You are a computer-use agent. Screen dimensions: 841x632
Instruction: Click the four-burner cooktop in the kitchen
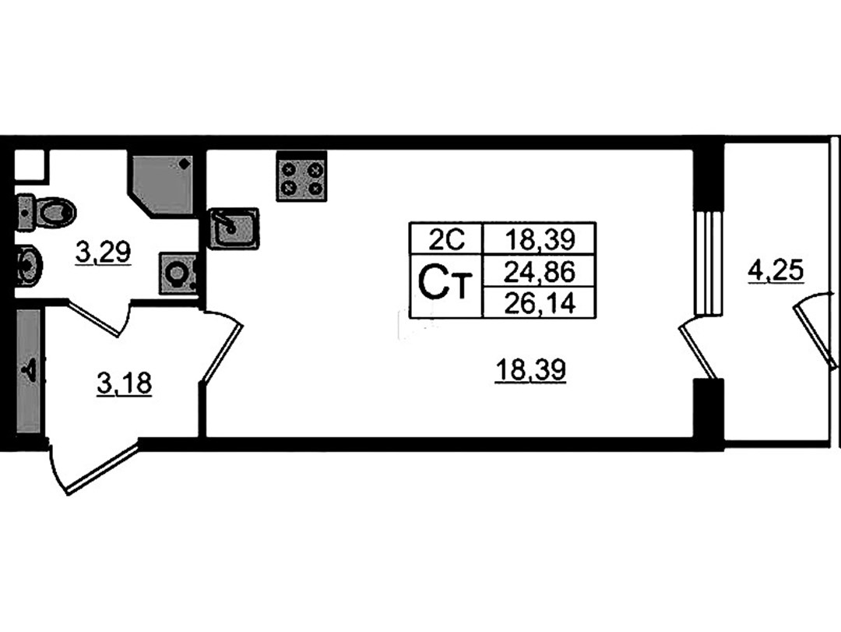tap(301, 177)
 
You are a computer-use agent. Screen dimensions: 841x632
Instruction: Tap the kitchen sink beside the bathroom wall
tap(234, 228)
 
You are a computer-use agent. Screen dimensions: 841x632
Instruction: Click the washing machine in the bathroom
tap(177, 274)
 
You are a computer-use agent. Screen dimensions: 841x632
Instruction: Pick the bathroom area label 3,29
tap(104, 252)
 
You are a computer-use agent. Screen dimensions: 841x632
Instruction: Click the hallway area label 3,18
tap(125, 384)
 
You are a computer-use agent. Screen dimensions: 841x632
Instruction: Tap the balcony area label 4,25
tap(776, 270)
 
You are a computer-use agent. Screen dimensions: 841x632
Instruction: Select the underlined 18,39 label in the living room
tap(530, 370)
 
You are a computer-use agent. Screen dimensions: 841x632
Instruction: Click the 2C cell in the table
tap(446, 238)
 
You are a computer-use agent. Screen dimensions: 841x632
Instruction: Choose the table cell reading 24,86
tap(540, 271)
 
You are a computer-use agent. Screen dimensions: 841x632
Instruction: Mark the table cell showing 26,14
tap(540, 303)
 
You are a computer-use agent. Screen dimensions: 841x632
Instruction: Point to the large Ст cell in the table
tap(446, 286)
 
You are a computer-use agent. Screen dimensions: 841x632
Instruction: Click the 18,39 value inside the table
tap(540, 238)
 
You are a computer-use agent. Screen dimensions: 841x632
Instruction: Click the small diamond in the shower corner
tap(185, 163)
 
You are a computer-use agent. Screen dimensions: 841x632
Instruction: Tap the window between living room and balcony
tap(707, 263)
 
